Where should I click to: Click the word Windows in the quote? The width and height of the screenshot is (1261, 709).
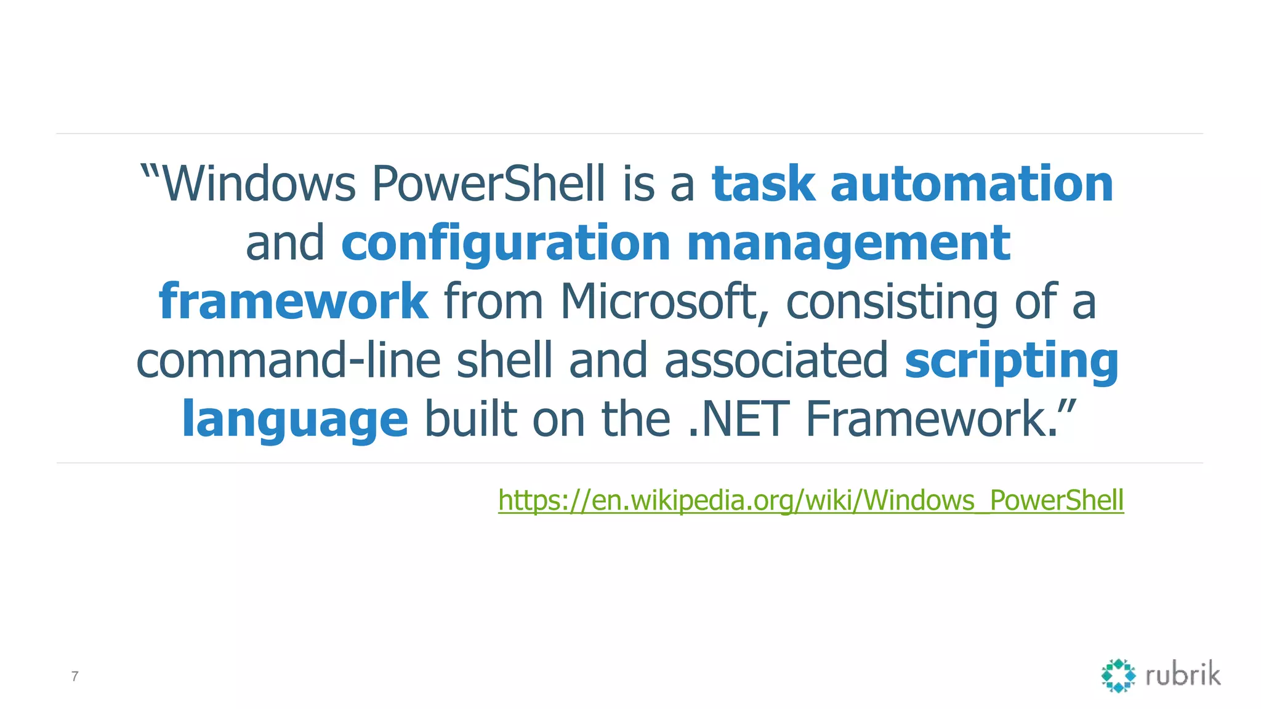[x=259, y=184]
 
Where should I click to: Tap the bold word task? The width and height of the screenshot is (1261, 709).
[x=763, y=184]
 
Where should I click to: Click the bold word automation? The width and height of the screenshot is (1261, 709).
[x=972, y=184]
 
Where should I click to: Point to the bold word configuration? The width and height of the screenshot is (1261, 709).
[x=506, y=243]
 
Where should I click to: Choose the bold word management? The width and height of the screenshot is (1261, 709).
[x=848, y=243]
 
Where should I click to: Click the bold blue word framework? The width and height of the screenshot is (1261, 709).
[x=293, y=302]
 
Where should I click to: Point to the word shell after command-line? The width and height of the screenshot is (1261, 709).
[x=504, y=361]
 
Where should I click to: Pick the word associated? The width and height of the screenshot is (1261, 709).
[x=776, y=361]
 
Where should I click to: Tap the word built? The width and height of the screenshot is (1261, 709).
[x=470, y=419]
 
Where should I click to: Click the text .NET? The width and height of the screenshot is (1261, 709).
[x=738, y=419]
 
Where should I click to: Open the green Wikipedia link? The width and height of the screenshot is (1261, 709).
[x=811, y=500]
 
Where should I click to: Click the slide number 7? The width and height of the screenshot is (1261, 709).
[x=75, y=676]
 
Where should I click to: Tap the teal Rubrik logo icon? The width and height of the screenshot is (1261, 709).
[x=1118, y=676]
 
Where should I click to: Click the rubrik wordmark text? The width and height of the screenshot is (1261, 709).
[x=1183, y=675]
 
